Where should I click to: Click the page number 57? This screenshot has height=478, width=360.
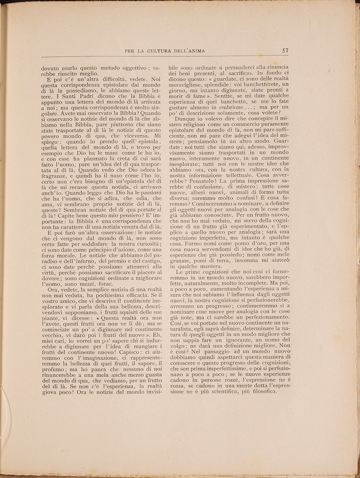tap(285, 50)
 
